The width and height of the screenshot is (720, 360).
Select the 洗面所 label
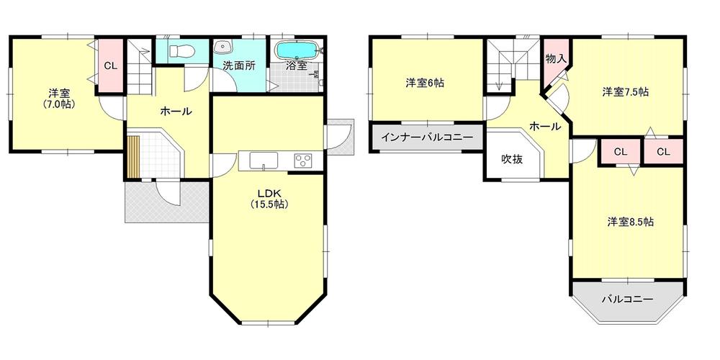coord(238,66)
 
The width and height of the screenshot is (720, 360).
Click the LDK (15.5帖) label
coord(269,198)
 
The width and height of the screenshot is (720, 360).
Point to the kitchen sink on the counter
coord(264,160)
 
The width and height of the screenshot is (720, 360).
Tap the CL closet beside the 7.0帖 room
coord(110,66)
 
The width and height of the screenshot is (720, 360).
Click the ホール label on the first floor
coord(175,112)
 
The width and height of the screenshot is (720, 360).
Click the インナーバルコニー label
coord(426,137)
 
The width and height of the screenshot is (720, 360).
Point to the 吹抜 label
coord(512,159)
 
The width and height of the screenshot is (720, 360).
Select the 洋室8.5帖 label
coord(629,222)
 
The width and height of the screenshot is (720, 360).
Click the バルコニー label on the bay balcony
coord(626,299)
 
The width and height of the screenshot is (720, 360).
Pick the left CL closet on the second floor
coord(621,152)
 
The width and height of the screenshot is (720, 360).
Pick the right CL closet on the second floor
coord(663,152)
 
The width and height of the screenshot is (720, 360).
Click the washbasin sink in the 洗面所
coord(222,48)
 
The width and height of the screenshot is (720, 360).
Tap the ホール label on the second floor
coord(545,126)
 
